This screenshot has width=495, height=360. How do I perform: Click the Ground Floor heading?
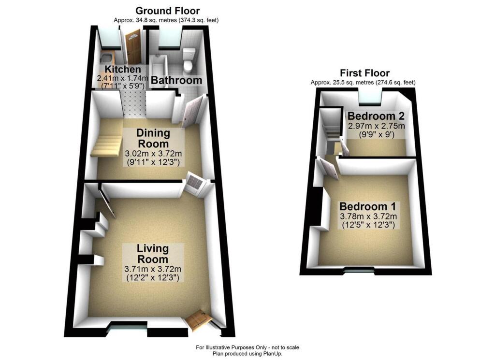pos(167,11)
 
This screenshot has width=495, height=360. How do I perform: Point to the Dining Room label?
pos(153,138)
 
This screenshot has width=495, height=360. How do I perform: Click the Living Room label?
pos(153,254)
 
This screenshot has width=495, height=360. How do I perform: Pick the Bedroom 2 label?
pos(376,116)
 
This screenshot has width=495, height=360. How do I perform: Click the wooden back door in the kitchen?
pos(132,46)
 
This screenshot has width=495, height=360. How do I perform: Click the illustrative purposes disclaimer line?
pos(247,347)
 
